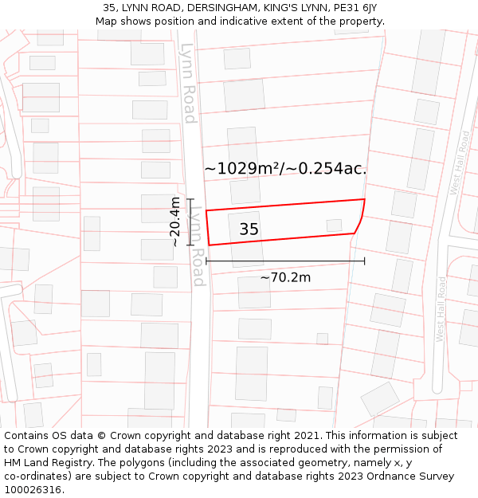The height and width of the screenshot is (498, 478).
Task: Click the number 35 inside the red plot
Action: (249, 229)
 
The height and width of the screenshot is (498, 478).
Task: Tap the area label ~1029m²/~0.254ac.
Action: (285, 168)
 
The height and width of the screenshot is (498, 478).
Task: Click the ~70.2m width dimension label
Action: (285, 277)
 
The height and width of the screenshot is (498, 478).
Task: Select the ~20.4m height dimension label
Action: (174, 222)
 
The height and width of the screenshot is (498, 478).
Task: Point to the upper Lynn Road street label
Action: (188, 83)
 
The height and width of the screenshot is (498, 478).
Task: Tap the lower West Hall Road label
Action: (441, 309)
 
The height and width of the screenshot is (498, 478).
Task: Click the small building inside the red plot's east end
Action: (335, 225)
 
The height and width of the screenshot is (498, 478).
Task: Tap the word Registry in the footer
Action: (76, 463)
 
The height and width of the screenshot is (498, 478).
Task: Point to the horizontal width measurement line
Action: (285, 261)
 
